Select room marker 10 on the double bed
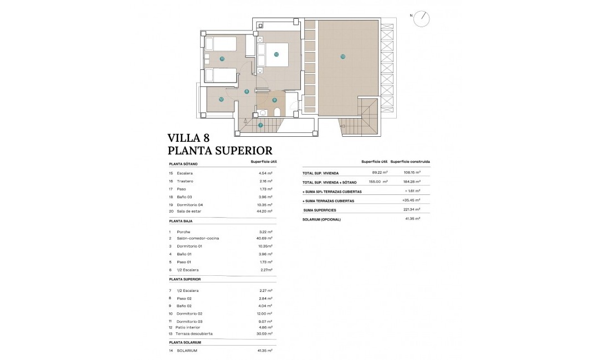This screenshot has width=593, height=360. click(276, 54)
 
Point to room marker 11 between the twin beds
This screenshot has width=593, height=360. click(221, 58)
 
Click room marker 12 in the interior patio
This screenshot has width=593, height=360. click(221, 100)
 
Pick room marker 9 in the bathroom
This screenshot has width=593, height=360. click(274, 100)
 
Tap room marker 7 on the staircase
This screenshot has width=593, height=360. click(260, 125)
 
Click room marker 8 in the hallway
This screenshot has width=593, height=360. click(247, 92)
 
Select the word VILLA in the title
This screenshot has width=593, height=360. click(186, 138)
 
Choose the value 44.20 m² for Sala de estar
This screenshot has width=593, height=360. click(265, 211)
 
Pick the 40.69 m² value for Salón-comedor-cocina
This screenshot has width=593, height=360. click(265, 238)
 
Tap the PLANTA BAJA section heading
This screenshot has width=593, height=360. click(181, 220)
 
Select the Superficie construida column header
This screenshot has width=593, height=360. click(410, 162)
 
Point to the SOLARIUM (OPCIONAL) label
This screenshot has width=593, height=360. click(321, 219)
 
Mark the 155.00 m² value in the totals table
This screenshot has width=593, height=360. click(378, 182)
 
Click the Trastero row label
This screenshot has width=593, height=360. click(185, 181)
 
